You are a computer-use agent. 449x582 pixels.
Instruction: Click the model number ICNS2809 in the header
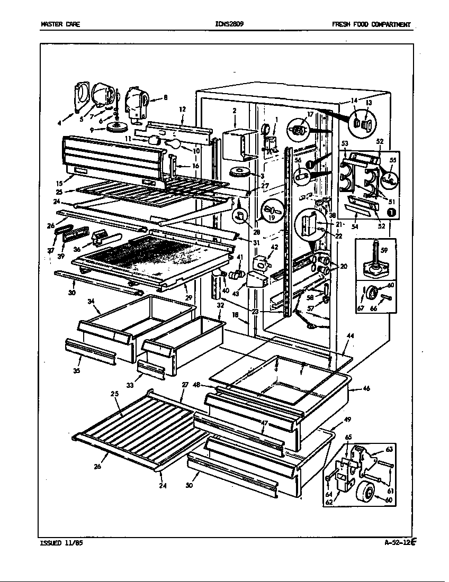(229, 24)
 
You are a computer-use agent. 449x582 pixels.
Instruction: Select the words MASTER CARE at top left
(60, 24)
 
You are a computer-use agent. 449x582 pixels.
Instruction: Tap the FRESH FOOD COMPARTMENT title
(371, 24)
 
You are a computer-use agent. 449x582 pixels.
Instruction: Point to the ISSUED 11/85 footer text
(61, 542)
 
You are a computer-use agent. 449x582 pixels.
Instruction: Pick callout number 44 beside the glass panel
(351, 336)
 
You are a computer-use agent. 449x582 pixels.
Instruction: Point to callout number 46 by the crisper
(366, 388)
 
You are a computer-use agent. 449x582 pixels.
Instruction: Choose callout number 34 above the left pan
(91, 301)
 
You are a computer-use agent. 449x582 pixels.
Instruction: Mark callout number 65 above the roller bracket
(348, 438)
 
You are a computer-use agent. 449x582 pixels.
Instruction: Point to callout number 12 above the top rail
(182, 109)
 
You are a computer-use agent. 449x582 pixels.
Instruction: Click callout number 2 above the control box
(234, 111)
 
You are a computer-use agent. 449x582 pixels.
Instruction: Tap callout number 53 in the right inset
(345, 143)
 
